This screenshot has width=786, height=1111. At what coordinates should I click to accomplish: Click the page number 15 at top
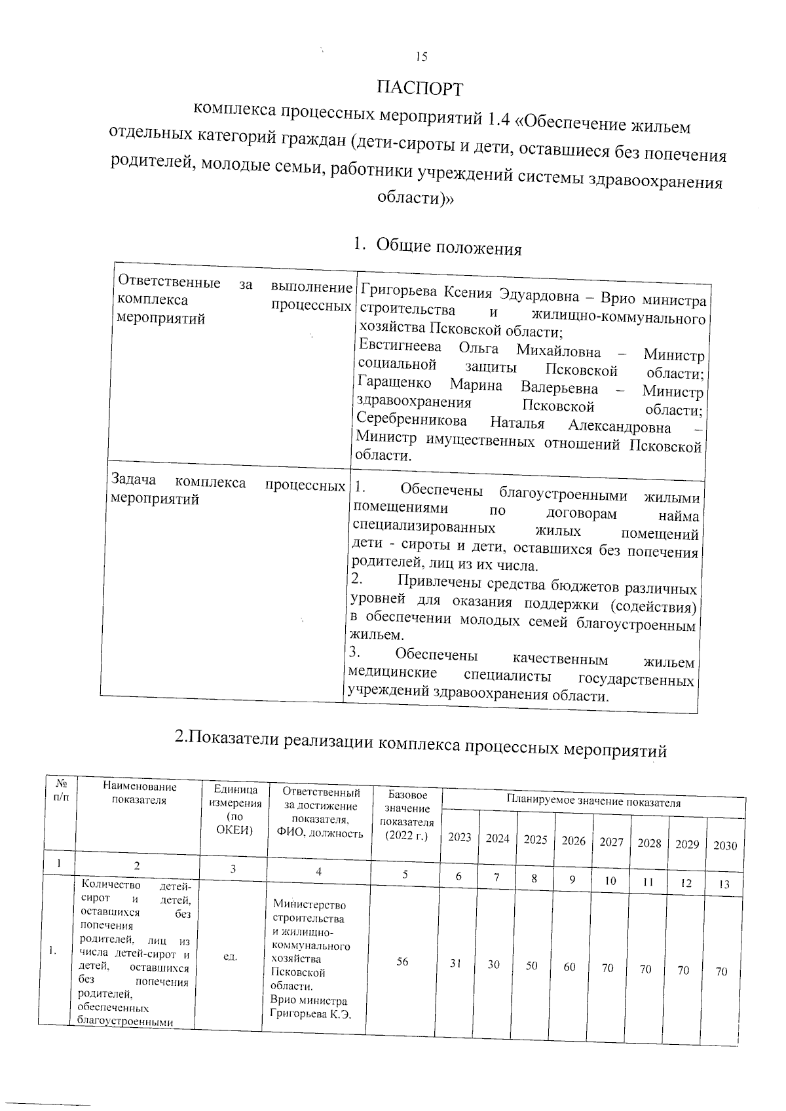[421, 57]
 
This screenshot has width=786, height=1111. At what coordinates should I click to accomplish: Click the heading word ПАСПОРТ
[420, 88]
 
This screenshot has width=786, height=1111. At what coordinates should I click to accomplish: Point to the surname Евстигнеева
[400, 347]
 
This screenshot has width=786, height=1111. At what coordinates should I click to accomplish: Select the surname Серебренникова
[412, 421]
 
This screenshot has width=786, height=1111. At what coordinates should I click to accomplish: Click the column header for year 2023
[459, 837]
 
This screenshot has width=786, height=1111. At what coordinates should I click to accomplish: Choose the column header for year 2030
[724, 845]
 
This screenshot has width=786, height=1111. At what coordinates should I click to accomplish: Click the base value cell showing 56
[402, 961]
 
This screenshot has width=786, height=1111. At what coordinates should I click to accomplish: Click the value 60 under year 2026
[569, 966]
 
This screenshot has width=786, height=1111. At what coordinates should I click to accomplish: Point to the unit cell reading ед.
[230, 957]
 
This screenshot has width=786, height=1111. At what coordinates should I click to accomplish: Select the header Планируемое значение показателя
[593, 802]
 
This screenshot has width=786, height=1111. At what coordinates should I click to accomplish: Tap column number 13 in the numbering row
[724, 884]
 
